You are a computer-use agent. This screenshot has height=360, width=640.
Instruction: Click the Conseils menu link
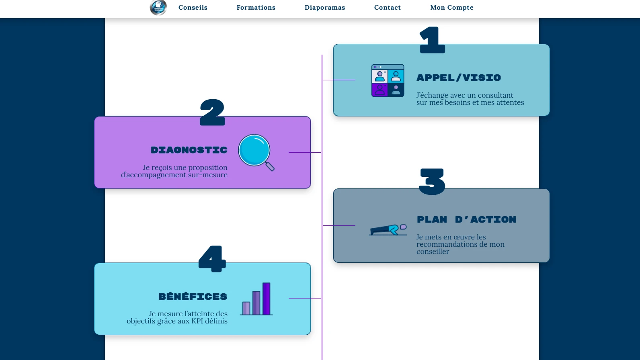(193, 7)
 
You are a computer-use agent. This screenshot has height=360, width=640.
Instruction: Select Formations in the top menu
(256, 7)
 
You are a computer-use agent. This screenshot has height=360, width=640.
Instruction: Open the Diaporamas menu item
(325, 7)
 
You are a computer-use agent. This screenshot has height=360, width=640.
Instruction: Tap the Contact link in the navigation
(388, 7)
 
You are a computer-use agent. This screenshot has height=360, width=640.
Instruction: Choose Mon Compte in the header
(452, 7)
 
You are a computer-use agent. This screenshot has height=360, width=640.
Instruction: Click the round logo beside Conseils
(158, 7)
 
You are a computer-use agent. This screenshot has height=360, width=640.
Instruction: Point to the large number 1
(432, 40)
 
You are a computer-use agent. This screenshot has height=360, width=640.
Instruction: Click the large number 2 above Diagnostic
(212, 112)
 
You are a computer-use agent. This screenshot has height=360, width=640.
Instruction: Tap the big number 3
(432, 182)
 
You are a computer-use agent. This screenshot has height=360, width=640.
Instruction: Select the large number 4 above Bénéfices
(212, 259)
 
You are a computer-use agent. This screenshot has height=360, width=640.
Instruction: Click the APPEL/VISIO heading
(459, 78)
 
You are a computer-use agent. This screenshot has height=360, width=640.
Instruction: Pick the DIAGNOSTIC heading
(189, 150)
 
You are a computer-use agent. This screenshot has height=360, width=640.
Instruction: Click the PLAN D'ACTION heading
(466, 219)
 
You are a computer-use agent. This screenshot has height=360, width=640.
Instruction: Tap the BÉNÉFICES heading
(193, 296)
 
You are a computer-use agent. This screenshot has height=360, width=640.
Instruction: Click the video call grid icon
(388, 80)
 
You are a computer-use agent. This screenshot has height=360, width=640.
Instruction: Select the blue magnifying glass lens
(254, 150)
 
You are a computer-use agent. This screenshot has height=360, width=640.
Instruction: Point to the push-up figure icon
(388, 230)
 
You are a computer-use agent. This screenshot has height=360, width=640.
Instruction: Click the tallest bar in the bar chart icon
(266, 299)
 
